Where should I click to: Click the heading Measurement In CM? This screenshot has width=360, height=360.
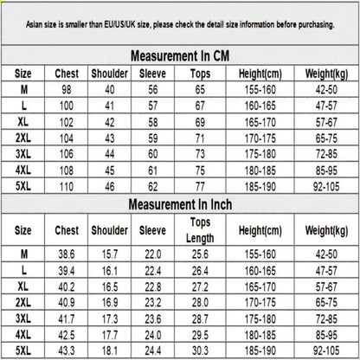tap(179, 55)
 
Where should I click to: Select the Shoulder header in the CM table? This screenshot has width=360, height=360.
tap(109, 74)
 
